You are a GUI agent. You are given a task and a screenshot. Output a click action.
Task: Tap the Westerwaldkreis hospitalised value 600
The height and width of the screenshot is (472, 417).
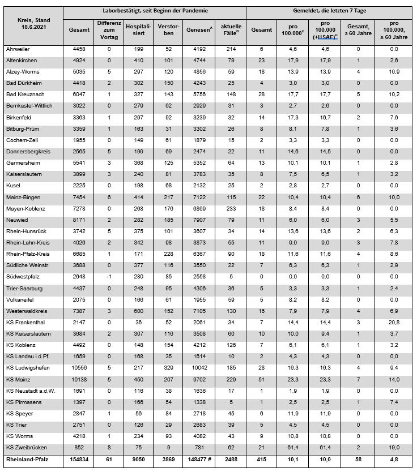138,311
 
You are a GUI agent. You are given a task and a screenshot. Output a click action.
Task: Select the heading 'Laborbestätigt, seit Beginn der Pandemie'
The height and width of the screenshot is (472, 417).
155,11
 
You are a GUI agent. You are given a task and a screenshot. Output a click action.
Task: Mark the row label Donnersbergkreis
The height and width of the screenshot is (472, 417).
25,151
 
